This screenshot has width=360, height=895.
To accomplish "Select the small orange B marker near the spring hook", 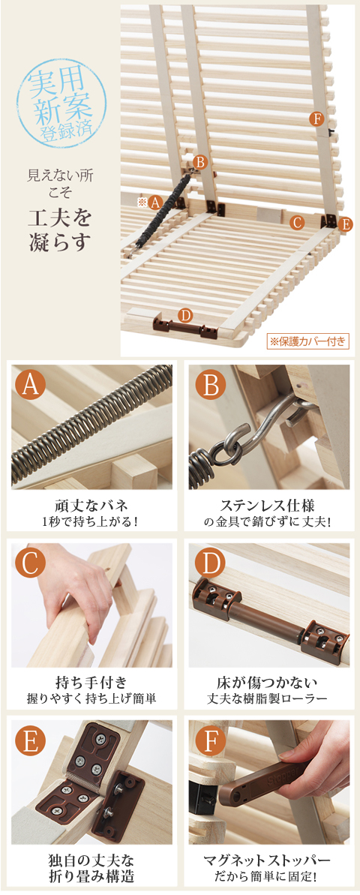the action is point(199,162).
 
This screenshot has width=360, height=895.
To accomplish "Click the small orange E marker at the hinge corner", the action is point(344,224).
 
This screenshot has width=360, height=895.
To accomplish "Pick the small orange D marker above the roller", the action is point(184,314).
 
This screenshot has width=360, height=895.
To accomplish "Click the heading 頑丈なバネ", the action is point(91,506).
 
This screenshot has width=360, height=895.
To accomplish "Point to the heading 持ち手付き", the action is point(91,682).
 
